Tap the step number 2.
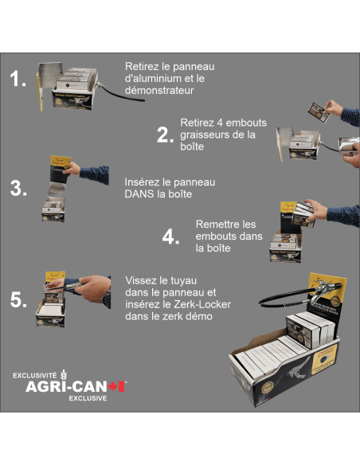pyautogui.click(x=165, y=135)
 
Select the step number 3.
pyautogui.click(x=18, y=188)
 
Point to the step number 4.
pyautogui.click(x=170, y=236)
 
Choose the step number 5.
pyautogui.click(x=18, y=299)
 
